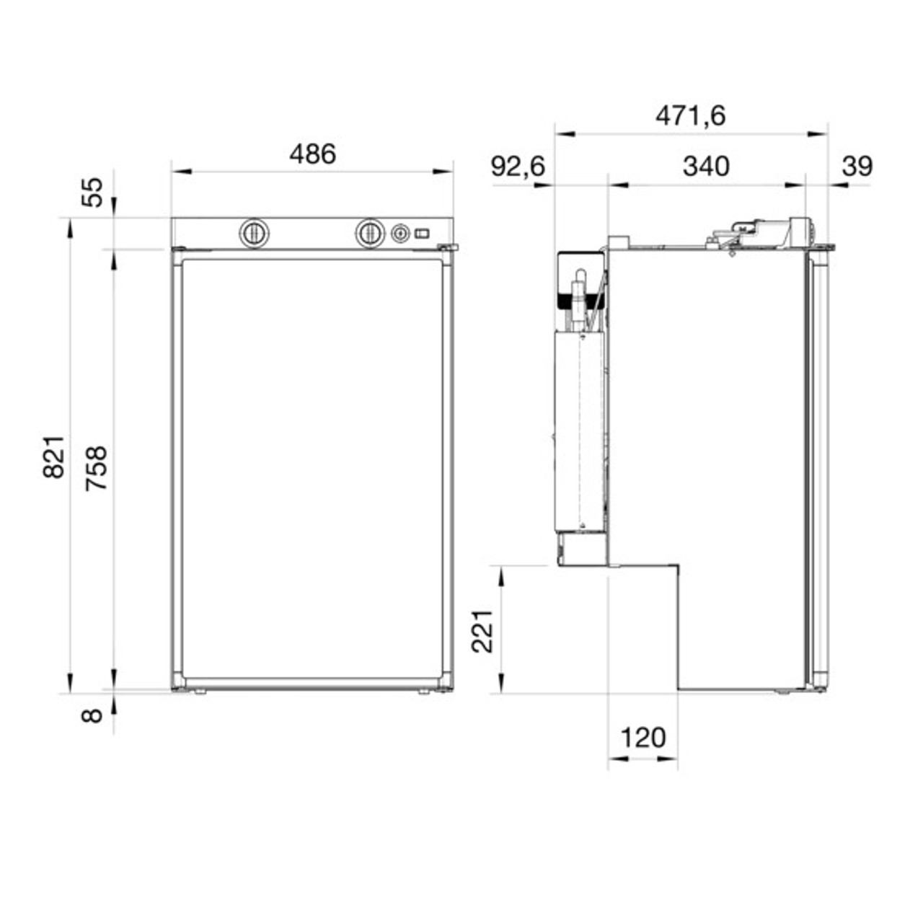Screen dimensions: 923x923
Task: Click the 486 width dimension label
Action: click(312, 154)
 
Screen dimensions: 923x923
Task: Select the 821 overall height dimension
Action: click(53, 456)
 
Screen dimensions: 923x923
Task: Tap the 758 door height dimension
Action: click(96, 468)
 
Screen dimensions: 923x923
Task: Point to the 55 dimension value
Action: click(92, 192)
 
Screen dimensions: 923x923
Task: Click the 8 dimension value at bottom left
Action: click(92, 715)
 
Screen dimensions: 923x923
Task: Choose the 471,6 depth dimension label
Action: click(690, 116)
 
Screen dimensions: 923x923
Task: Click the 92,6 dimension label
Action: click(518, 167)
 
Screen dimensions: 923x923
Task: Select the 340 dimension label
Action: click(706, 167)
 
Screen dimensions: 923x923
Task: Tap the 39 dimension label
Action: click(857, 167)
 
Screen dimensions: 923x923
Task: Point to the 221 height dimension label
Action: click(482, 631)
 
